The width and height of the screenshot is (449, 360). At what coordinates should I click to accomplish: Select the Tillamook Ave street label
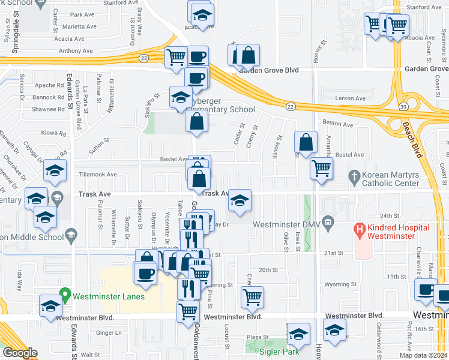98,175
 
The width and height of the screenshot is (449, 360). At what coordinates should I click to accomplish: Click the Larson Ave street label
351,97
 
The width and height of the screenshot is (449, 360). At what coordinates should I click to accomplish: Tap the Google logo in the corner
19,353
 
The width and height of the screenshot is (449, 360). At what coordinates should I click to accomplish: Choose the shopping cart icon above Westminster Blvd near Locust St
252,296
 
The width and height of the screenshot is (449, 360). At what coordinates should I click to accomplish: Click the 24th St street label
389,215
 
